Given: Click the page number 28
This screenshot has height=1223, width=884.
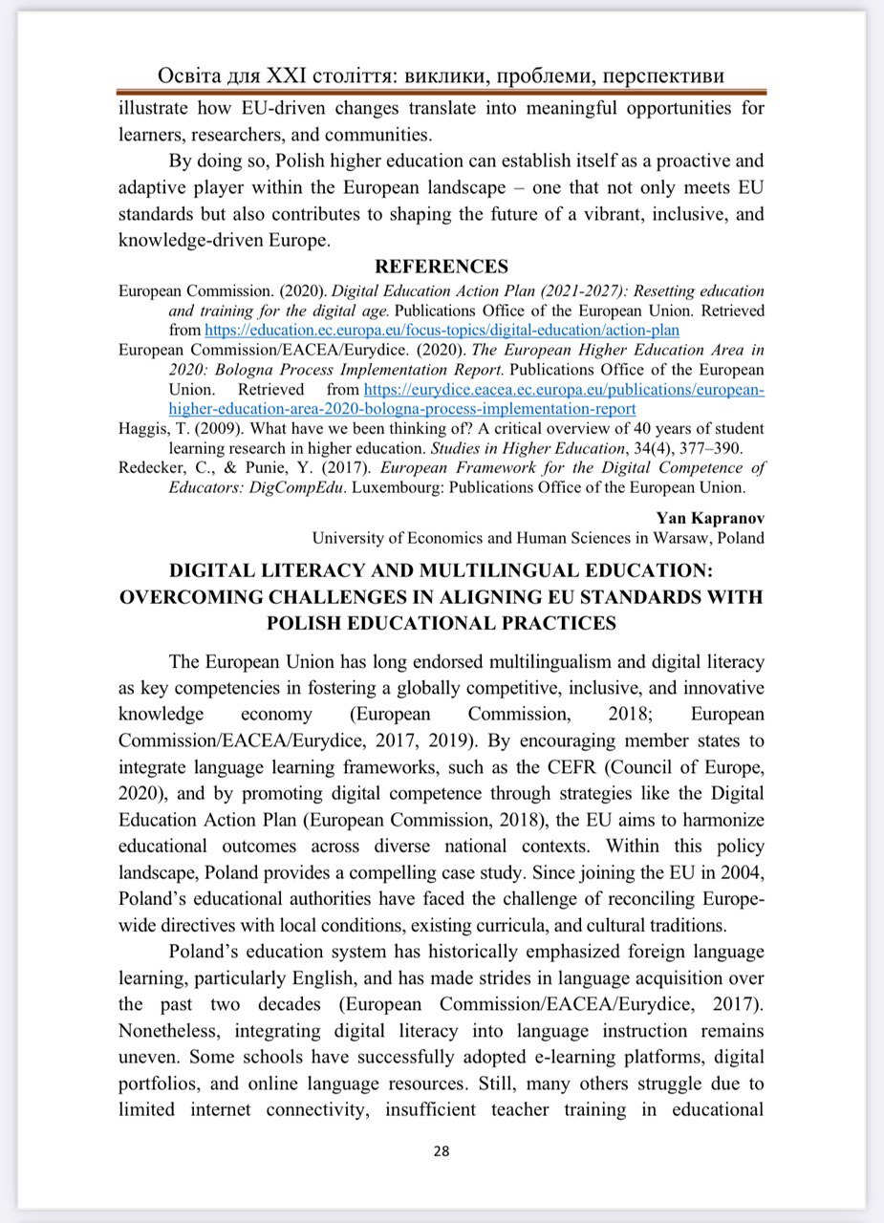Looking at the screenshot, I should pyautogui.click(x=442, y=1151).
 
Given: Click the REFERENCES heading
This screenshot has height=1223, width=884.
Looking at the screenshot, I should pyautogui.click(x=441, y=267).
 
